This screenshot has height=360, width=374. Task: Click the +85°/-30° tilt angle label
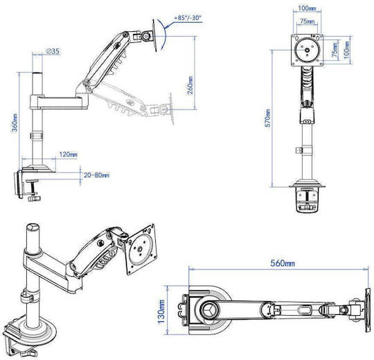[188, 17]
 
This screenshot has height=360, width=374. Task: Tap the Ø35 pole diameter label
[53, 51]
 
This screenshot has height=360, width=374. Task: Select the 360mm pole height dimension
[15, 123]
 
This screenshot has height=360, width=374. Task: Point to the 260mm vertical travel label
[190, 85]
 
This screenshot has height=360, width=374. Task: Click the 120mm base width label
[68, 154]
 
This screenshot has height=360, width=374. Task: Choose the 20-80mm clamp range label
[96, 175]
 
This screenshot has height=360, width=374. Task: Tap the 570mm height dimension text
[268, 118]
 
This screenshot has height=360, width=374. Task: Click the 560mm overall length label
[283, 263]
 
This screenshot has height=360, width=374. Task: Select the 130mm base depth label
[161, 311]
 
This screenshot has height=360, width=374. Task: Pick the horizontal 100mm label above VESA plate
[308, 8]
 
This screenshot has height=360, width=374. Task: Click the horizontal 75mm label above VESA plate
[308, 21]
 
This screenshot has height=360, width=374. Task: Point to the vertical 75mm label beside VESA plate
[335, 50]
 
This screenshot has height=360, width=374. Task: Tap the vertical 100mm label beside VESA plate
[346, 50]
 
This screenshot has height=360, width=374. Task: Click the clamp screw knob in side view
[34, 198]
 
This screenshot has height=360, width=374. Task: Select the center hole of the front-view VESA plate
[308, 51]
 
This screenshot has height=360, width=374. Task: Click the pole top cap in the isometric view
[33, 226]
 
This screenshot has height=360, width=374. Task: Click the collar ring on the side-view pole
[37, 136]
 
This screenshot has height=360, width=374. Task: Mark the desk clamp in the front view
[308, 199]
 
